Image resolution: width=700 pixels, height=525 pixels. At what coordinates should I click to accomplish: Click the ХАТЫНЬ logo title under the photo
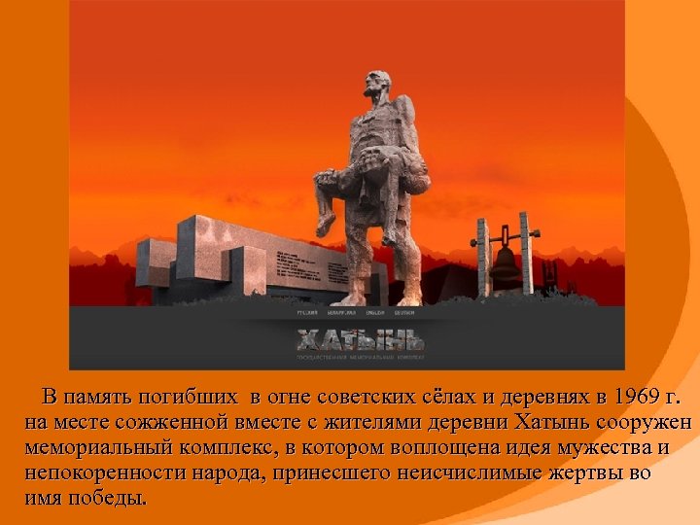tap(361, 341)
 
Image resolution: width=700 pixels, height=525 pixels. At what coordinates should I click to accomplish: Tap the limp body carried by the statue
tap(389, 175)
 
